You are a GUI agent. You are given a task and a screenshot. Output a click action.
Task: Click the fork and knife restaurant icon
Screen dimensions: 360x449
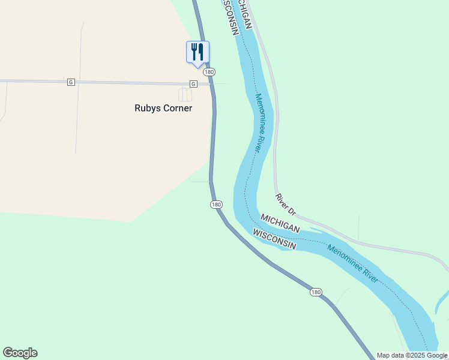pos(197,51)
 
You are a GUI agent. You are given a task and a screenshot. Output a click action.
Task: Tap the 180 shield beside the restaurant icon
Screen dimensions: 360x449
pos(208,71)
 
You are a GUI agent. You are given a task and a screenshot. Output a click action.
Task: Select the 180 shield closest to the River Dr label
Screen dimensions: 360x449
pos(217,205)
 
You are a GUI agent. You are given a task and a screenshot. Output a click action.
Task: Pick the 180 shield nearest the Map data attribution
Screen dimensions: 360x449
pos(316,292)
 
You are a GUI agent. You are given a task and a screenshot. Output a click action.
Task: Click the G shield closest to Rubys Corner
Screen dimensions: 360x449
pos(193,83)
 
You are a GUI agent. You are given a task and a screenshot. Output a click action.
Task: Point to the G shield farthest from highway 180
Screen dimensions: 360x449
pos(71,82)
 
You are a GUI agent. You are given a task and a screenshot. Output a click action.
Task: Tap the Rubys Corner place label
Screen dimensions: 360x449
pos(163,109)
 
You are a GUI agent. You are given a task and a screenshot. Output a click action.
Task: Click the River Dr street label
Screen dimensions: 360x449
pos(286,204)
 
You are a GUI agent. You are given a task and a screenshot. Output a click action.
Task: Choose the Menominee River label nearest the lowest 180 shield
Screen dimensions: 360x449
pos(352,264)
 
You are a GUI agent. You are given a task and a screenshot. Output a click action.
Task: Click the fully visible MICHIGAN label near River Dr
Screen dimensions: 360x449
pos(280,222)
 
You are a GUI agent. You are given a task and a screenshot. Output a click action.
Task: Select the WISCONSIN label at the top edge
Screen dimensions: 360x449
pos(229,15)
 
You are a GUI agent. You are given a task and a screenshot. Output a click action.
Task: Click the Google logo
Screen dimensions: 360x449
pos(20,353)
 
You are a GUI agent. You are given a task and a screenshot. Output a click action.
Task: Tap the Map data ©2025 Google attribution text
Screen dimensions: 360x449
pos(412,355)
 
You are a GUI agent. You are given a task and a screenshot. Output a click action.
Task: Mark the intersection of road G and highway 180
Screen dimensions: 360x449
pos(212,84)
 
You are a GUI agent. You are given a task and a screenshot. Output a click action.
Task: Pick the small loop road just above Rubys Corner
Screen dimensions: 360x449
pos(185,94)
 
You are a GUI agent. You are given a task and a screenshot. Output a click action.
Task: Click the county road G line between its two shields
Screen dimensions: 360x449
pos(132,82)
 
